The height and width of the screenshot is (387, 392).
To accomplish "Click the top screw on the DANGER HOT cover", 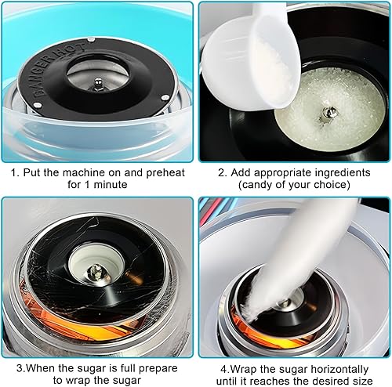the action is coord(91,39).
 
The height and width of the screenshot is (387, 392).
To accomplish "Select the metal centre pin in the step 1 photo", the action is coord(99,84).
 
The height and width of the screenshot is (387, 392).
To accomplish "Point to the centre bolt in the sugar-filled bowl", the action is coord(327,113).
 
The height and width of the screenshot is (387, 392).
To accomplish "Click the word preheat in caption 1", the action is coord(165,173).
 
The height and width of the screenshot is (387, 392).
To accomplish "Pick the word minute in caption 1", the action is coord(111,185).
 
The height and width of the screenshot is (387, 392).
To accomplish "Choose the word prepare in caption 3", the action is coord(158,369).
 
